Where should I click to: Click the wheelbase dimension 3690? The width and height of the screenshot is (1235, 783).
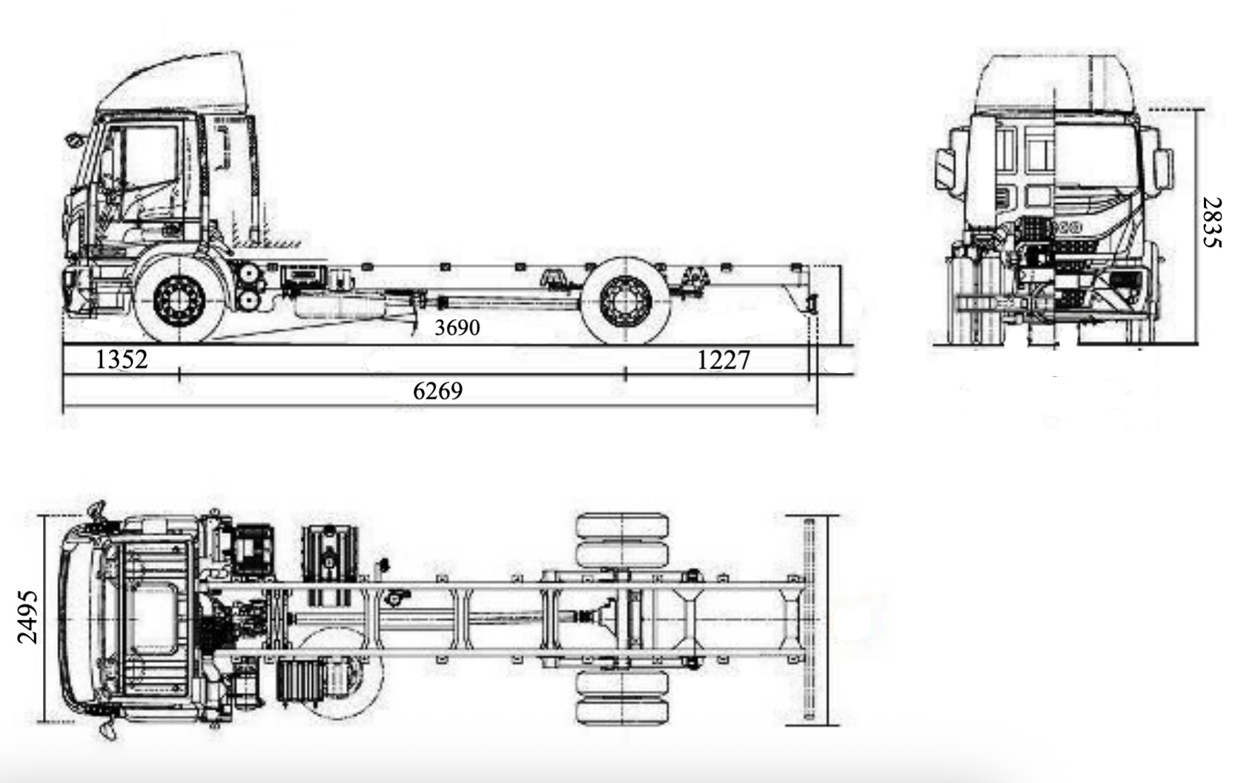tap(457, 328)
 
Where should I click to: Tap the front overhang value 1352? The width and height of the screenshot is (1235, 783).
tap(122, 360)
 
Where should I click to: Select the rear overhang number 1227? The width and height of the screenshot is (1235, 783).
tap(724, 360)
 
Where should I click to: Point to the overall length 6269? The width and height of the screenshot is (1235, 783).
tap(438, 391)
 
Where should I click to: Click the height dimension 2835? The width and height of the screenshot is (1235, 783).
tap(1213, 222)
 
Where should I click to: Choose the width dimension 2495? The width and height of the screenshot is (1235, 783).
tap(27, 617)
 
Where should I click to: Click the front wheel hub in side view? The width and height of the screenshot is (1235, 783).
tap(179, 301)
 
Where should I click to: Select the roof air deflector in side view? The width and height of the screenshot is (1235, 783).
tap(172, 81)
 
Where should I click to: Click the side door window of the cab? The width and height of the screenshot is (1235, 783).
tap(149, 157)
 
